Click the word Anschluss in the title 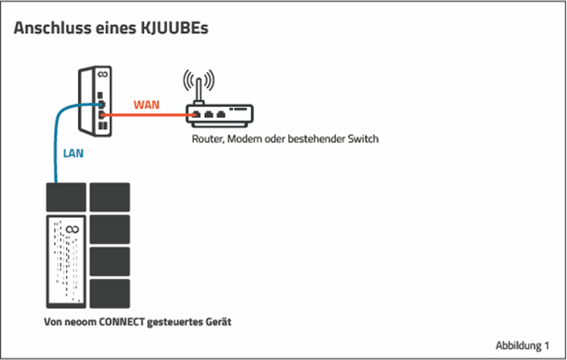tap(48, 28)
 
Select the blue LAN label tap(73, 154)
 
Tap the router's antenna tap(199, 90)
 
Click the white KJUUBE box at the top tap(94, 100)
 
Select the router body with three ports tap(219, 115)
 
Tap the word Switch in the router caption tap(363, 139)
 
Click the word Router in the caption tap(207, 139)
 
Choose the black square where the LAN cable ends tap(65, 197)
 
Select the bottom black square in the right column tap(109, 293)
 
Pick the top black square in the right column tap(109, 197)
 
